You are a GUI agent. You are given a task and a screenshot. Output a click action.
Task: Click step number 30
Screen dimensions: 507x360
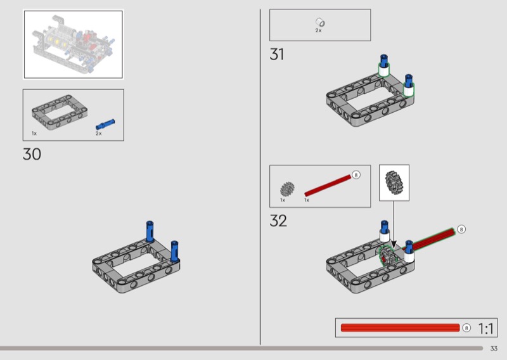click(x=32, y=154)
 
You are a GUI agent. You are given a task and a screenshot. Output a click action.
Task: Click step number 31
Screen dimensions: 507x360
click(x=276, y=54)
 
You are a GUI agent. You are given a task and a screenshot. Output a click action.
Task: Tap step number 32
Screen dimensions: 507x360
click(x=278, y=221)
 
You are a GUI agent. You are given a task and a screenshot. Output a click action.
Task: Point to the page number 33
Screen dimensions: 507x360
click(x=494, y=349)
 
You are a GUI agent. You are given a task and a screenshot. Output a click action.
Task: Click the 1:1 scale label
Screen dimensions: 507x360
click(x=485, y=328)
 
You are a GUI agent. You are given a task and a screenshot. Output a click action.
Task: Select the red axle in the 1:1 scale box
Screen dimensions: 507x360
click(x=401, y=328)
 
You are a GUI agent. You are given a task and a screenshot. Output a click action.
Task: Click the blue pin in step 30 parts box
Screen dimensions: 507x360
click(x=105, y=124)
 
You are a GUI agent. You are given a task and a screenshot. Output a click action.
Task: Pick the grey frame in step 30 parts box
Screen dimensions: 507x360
click(x=60, y=112)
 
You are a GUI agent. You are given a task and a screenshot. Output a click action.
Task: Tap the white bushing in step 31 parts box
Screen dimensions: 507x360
click(x=320, y=22)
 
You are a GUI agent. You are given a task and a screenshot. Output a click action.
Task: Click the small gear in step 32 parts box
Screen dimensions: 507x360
click(x=287, y=190)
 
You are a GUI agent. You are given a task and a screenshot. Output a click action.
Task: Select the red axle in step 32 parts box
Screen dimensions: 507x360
click(x=328, y=186)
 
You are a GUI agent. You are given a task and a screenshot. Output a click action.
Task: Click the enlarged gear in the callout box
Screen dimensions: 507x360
click(x=394, y=183)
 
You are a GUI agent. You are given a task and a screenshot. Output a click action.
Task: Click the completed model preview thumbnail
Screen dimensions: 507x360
click(x=74, y=44)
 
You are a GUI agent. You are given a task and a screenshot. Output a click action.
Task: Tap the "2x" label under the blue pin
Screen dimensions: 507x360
click(x=99, y=133)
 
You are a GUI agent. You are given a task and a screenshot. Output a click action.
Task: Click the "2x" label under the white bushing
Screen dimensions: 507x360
click(x=319, y=30)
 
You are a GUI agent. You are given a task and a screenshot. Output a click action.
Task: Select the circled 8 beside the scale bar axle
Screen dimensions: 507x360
click(x=466, y=328)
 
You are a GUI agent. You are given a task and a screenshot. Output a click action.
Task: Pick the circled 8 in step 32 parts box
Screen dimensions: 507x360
click(x=356, y=175)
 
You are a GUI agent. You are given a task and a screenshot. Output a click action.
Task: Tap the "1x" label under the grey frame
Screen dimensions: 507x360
click(x=34, y=133)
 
